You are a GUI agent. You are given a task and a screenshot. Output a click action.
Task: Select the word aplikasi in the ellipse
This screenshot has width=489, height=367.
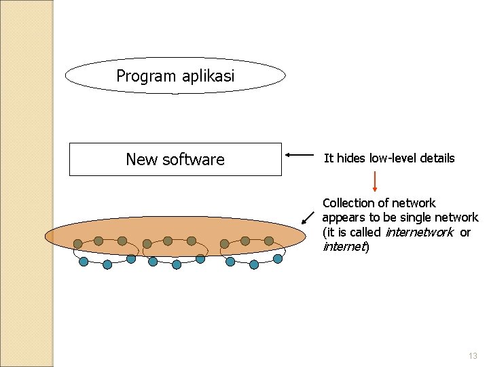click(x=207, y=76)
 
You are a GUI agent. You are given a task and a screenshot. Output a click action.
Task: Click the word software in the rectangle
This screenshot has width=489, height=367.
click(x=194, y=160)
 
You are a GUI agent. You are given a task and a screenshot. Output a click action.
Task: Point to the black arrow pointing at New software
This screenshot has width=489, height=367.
click(x=300, y=155)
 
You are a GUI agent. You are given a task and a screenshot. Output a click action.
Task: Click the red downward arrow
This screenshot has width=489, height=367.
click(x=375, y=181)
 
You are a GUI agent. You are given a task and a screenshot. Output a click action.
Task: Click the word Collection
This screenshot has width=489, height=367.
click(x=348, y=203)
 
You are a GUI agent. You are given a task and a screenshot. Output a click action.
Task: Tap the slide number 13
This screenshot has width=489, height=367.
click(x=473, y=356)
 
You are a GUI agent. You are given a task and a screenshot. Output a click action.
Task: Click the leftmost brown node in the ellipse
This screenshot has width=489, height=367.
click(x=78, y=243)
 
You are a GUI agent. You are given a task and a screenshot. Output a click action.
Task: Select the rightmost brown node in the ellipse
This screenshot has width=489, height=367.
click(x=269, y=241)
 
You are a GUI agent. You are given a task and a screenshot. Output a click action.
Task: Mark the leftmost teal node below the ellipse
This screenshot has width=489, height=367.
click(x=84, y=261)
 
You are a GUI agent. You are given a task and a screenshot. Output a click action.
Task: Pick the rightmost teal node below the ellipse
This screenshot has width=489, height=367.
click(x=278, y=258)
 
